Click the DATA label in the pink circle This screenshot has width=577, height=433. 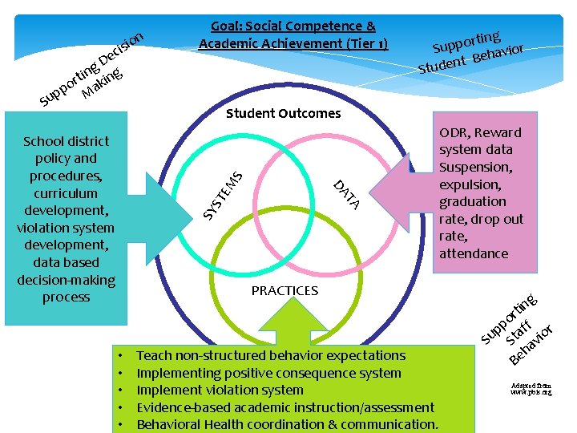click(x=347, y=195)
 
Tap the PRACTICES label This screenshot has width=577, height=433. click(x=284, y=290)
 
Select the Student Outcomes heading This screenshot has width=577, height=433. click(x=283, y=113)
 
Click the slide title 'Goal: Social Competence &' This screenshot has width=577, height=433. click(x=293, y=26)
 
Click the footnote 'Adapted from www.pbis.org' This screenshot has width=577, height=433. click(x=531, y=389)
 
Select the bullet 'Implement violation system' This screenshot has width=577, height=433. click(x=220, y=390)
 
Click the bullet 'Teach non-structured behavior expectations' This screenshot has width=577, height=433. click(x=271, y=355)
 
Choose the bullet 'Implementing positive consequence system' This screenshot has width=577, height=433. click(x=268, y=373)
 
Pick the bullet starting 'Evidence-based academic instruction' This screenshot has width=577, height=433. click(x=285, y=407)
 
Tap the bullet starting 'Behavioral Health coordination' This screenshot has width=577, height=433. click(x=287, y=424)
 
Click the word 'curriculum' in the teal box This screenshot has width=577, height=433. click(x=66, y=193)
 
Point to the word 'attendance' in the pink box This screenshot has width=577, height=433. click(x=473, y=253)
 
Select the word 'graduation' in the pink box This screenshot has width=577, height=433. click(x=472, y=201)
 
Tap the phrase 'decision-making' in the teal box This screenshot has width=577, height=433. click(x=66, y=280)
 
